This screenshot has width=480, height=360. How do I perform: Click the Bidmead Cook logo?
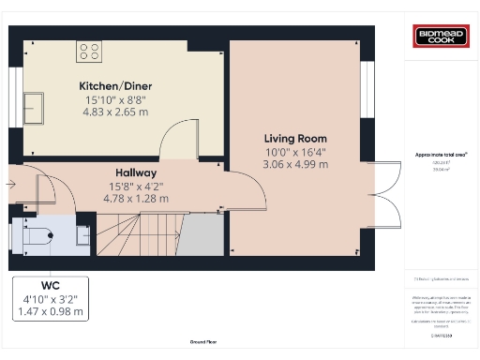440,37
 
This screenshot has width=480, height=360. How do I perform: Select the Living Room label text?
295,139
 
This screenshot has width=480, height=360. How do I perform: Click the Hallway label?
136,173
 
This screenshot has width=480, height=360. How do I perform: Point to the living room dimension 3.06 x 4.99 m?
295,165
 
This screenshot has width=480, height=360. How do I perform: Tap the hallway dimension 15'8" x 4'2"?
136,186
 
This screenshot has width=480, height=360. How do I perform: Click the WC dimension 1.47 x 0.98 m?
50,311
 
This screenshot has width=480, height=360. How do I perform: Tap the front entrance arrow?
9,185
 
